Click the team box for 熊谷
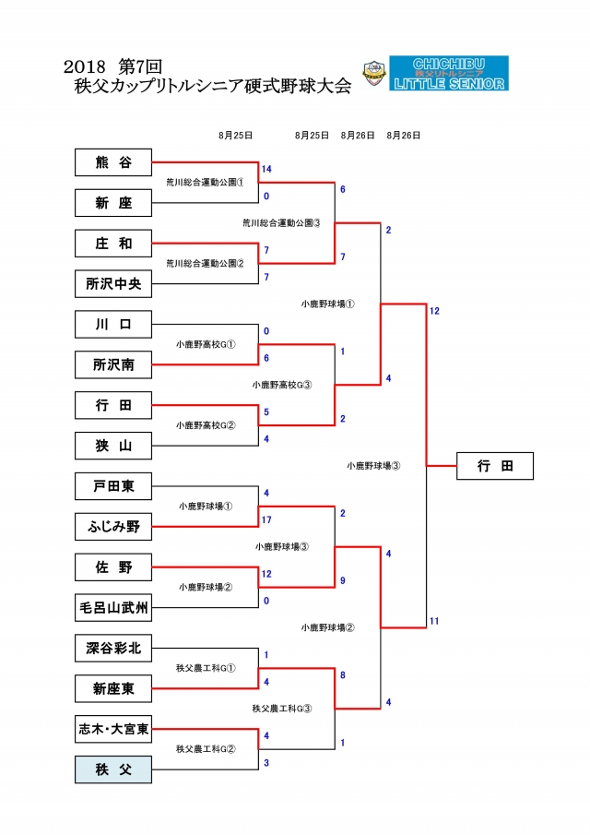tap(112, 163)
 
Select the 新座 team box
tap(112, 203)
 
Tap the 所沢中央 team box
tap(112, 284)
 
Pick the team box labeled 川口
tap(112, 325)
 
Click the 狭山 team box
tap(112, 446)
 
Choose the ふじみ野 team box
tap(112, 527)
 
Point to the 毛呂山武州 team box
tap(112, 607)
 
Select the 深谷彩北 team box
tap(112, 648)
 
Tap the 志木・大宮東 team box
tap(112, 728)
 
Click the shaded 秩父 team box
tap(112, 769)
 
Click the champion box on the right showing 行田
tap(495, 466)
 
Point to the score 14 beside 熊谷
tap(266, 170)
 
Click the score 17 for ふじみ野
tap(266, 519)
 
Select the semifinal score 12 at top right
tap(433, 311)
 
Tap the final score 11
tap(433, 622)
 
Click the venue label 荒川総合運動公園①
tap(205, 183)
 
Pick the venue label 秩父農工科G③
tap(281, 709)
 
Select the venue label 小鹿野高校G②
tap(206, 425)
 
